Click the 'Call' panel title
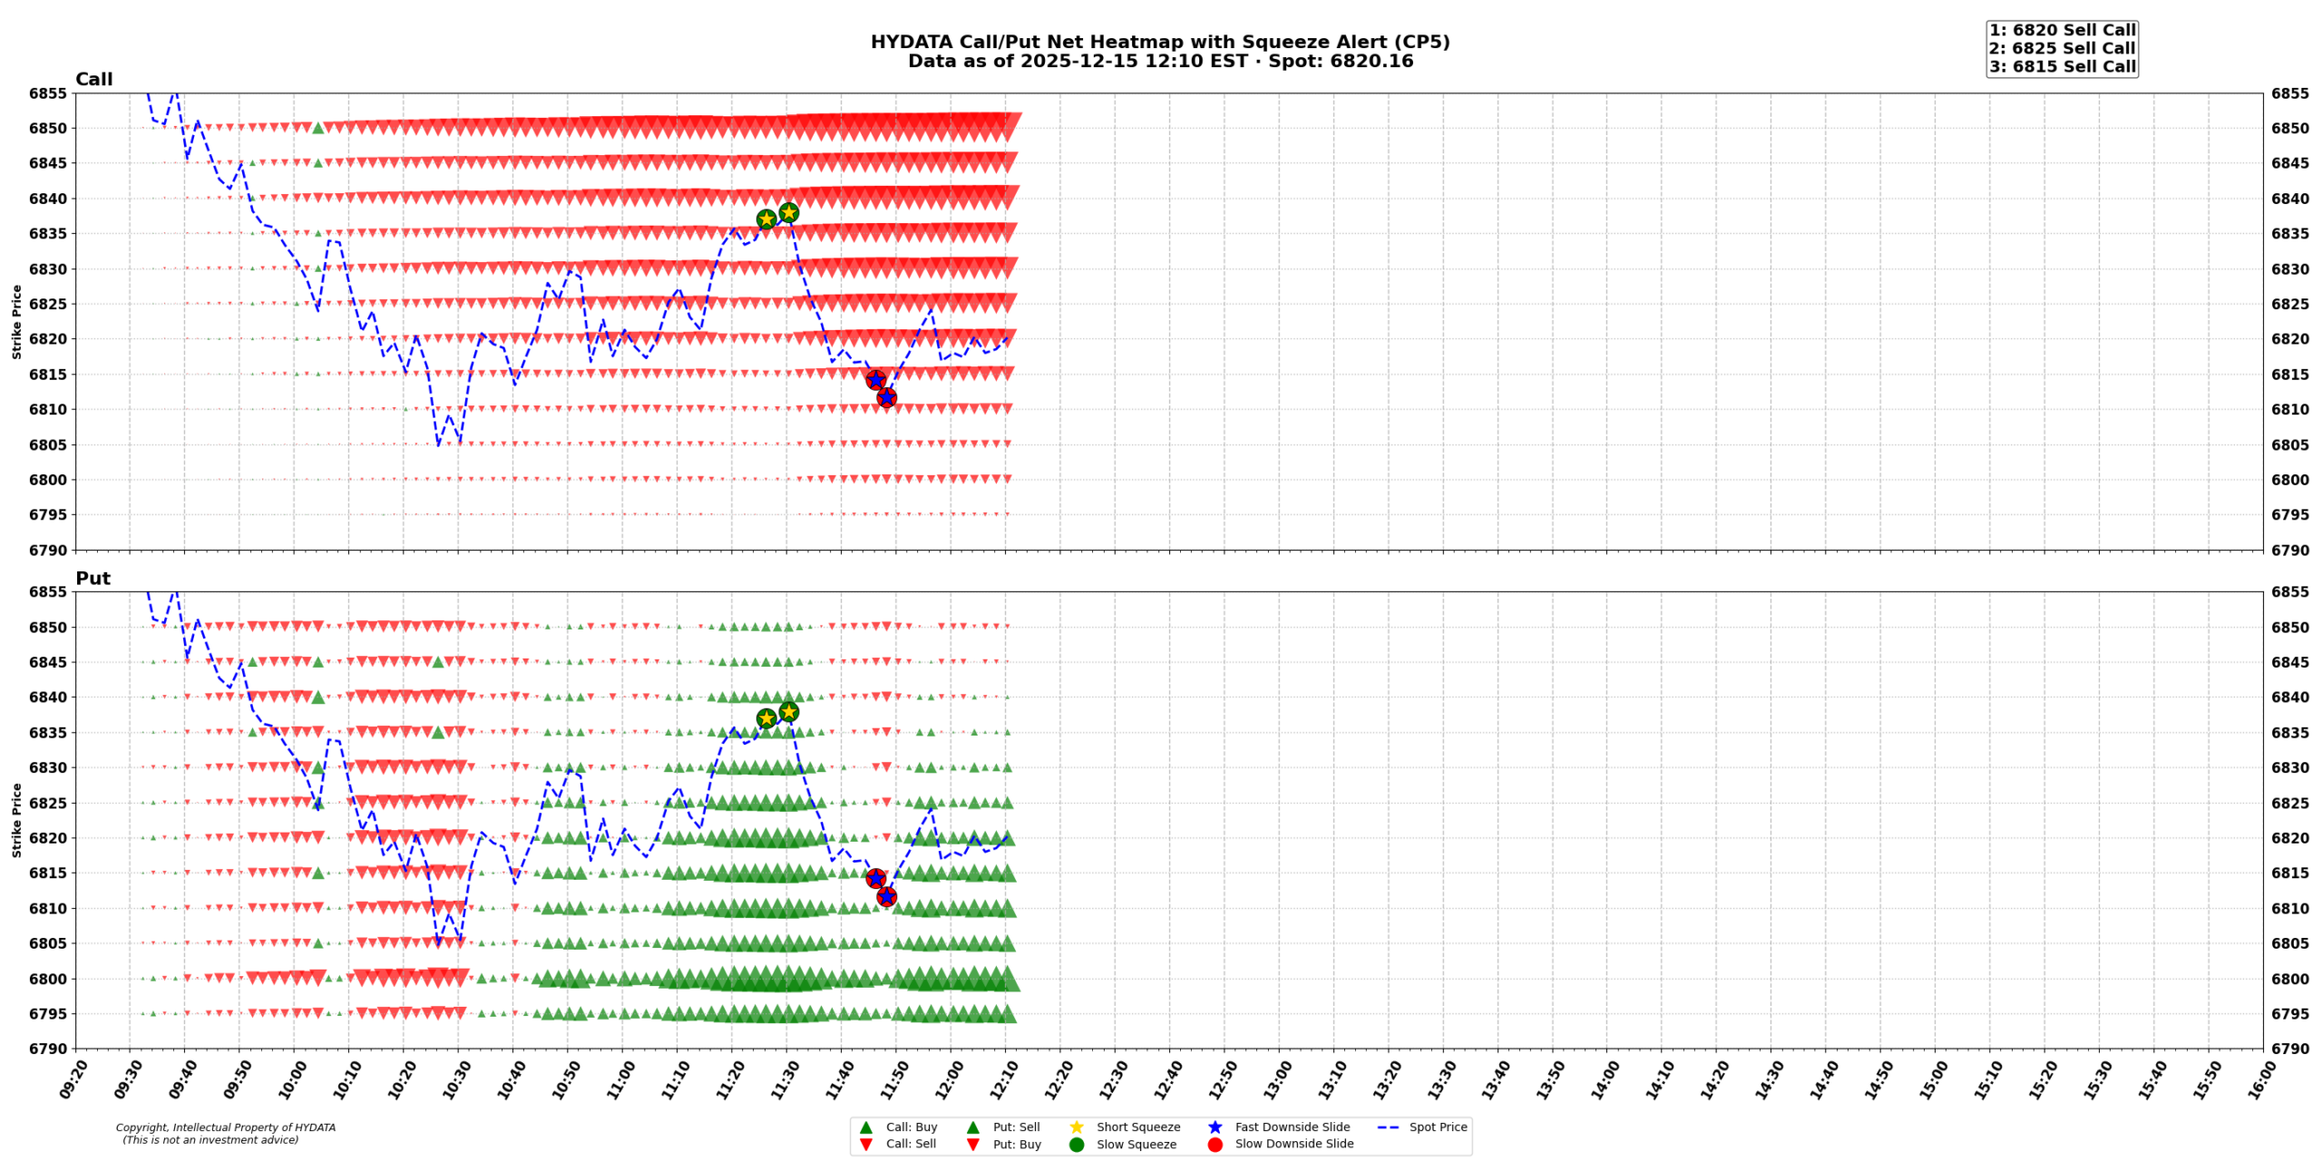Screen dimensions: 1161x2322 tap(93, 79)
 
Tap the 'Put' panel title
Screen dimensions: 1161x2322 tap(93, 578)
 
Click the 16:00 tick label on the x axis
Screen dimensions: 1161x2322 tap(2258, 1079)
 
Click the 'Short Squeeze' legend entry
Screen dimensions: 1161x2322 tap(1137, 1127)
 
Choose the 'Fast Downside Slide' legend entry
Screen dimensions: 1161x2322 tap(1292, 1127)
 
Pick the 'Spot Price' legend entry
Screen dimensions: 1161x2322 tap(1438, 1127)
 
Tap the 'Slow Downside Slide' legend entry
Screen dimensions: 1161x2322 tap(1293, 1144)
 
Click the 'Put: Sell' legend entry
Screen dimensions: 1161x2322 tap(1016, 1127)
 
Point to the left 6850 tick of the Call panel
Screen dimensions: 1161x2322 tap(48, 128)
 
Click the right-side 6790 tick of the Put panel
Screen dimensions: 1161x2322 tap(2290, 1049)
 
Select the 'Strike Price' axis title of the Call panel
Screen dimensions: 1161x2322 tap(16, 321)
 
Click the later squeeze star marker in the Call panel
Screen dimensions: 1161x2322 tap(788, 213)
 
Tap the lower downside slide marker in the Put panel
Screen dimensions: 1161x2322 tap(886, 896)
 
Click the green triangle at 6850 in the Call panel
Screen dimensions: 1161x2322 tap(318, 128)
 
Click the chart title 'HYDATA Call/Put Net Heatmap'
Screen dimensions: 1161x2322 tap(1160, 42)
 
